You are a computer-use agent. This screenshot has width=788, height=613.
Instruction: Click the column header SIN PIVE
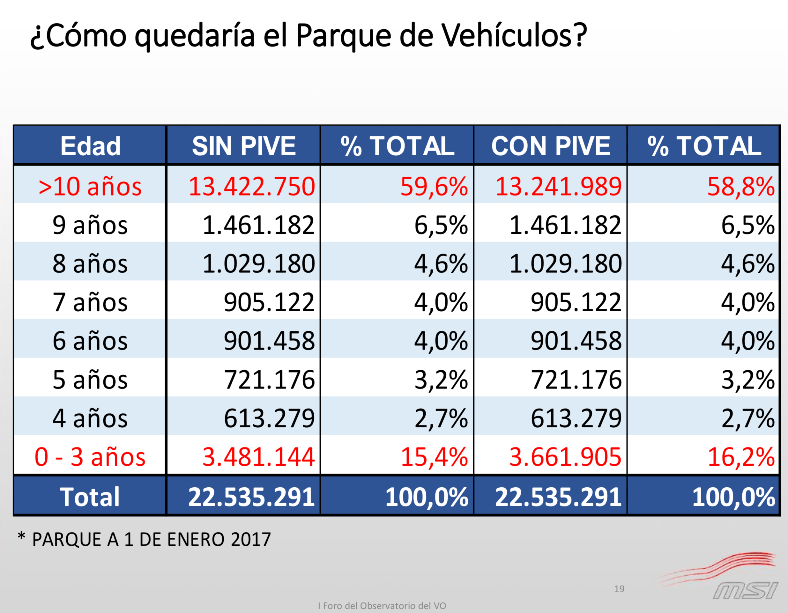click(243, 146)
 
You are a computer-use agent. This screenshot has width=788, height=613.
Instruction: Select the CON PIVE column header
click(551, 146)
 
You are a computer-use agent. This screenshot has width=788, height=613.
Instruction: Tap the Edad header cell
click(90, 146)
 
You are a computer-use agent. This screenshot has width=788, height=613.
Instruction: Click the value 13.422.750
click(251, 187)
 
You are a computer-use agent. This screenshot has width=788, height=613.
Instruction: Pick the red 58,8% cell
click(740, 187)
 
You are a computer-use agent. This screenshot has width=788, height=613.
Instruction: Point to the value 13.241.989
click(558, 187)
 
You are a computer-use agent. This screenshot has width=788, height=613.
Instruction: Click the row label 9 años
click(90, 225)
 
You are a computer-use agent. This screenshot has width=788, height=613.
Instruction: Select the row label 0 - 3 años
click(90, 457)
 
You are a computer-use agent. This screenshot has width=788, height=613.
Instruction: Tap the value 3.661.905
click(565, 457)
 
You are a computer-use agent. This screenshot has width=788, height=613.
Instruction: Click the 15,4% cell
click(434, 457)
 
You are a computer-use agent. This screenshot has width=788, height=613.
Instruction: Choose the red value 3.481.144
click(258, 457)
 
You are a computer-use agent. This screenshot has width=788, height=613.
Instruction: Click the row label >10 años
click(90, 187)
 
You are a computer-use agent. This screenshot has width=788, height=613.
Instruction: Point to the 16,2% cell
click(741, 457)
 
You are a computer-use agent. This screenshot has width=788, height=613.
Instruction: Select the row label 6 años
click(90, 341)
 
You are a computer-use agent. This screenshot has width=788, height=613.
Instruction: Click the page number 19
click(619, 589)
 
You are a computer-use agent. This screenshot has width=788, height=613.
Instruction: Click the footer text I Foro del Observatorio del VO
click(382, 606)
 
